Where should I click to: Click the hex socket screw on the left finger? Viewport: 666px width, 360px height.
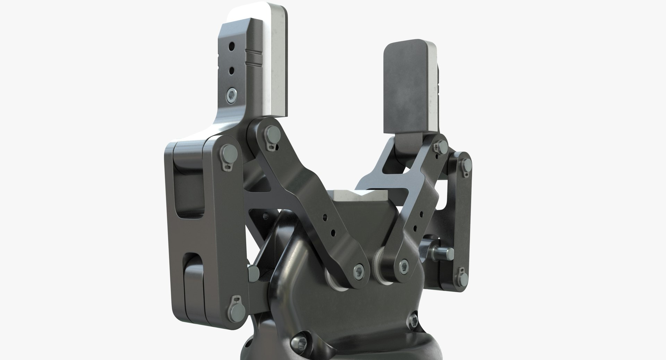coord(231,94)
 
